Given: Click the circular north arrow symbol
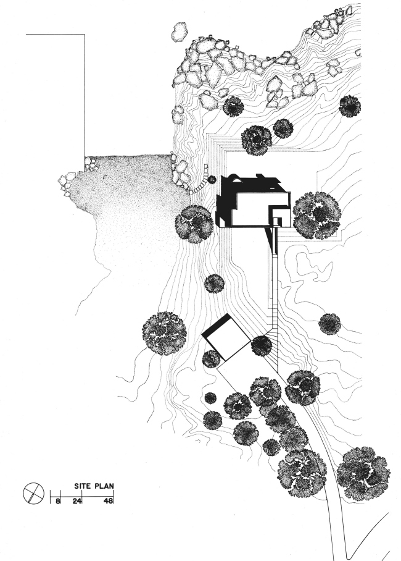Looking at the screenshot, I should (32, 494).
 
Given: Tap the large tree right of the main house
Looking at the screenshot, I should (316, 215).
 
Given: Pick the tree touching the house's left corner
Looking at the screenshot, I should (196, 222).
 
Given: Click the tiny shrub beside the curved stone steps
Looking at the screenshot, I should (212, 180).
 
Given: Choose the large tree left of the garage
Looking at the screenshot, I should (164, 333).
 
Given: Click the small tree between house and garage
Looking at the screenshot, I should (214, 284).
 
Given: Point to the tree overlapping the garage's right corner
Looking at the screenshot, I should (262, 346).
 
